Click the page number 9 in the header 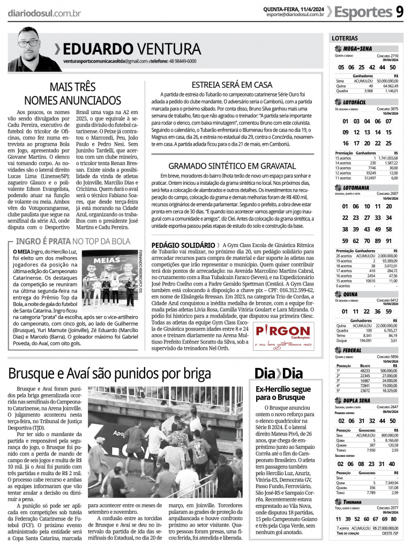click(x=400, y=11)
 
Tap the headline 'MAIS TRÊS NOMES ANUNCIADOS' click(x=73, y=93)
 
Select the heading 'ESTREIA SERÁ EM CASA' click(x=231, y=85)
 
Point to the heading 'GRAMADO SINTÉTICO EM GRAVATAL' click(x=231, y=166)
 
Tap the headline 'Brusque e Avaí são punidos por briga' click(x=109, y=373)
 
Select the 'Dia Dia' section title click(x=278, y=373)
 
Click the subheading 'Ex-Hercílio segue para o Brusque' click(x=283, y=394)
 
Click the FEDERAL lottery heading click(x=352, y=350)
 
